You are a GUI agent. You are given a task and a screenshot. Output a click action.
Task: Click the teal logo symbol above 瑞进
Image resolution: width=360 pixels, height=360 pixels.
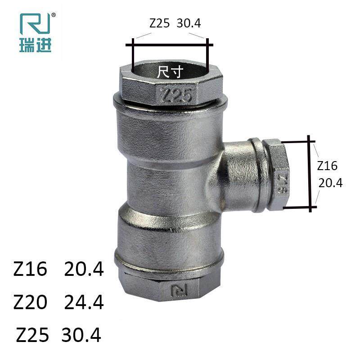(35, 24)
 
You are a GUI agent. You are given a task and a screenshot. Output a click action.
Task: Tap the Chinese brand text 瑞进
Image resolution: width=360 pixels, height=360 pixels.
(36, 45)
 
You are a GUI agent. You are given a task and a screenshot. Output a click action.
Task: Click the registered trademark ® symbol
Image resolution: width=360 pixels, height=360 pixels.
(54, 15)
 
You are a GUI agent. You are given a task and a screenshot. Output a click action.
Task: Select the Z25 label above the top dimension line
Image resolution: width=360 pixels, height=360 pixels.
(160, 23)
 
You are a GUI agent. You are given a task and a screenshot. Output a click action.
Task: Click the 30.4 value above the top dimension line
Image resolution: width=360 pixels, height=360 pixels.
(189, 23)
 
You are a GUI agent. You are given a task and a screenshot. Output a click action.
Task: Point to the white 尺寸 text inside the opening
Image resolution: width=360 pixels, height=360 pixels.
(170, 72)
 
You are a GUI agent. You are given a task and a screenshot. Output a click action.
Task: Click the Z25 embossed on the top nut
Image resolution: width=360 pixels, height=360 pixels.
(176, 95)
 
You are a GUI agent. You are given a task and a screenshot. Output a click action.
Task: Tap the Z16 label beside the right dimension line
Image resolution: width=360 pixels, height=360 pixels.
(327, 166)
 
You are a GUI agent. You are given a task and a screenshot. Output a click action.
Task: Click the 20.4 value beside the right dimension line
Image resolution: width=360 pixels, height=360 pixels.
(330, 183)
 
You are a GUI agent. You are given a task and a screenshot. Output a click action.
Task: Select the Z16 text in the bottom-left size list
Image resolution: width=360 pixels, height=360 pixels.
(30, 269)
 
